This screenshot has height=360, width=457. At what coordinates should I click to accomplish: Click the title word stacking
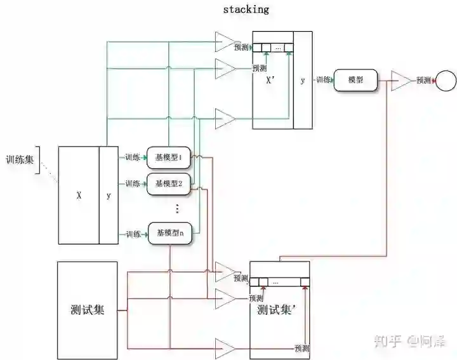click(x=246, y=10)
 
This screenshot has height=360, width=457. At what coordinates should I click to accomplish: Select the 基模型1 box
click(x=169, y=157)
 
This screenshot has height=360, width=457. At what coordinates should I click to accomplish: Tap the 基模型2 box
click(x=169, y=183)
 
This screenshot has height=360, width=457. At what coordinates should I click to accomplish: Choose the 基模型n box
click(x=169, y=233)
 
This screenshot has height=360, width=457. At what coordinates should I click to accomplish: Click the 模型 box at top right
click(x=355, y=81)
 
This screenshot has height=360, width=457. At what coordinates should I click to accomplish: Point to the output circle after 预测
click(x=446, y=81)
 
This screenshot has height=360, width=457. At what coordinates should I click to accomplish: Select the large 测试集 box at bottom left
click(x=87, y=309)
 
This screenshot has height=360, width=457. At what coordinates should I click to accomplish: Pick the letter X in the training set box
click(x=79, y=196)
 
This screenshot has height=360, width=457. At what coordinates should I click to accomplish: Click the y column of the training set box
click(x=109, y=196)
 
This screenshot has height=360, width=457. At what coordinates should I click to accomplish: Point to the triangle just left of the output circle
click(x=401, y=81)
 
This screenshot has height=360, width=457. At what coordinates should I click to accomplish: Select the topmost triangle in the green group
click(x=224, y=42)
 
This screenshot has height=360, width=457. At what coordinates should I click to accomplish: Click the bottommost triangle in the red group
click(x=224, y=348)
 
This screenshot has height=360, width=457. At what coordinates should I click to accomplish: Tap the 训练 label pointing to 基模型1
click(x=133, y=157)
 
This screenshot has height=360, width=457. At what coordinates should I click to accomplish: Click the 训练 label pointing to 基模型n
click(x=133, y=234)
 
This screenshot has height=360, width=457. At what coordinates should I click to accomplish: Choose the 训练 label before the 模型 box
click(x=323, y=81)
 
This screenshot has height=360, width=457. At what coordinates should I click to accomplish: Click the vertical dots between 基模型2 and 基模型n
click(x=177, y=208)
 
